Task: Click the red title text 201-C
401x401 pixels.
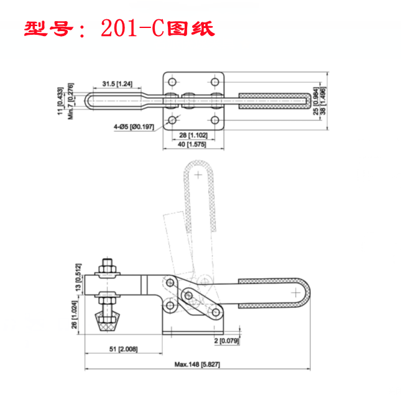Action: point(132,29)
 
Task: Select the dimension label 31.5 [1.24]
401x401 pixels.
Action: point(118,84)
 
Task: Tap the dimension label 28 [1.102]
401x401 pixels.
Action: point(193,135)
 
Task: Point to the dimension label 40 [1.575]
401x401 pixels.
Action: point(192,144)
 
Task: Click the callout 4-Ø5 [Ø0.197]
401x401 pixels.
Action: point(134,127)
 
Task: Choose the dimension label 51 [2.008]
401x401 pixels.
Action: point(124,349)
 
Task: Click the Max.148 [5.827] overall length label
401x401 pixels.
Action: point(197,364)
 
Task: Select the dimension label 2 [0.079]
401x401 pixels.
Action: point(226,341)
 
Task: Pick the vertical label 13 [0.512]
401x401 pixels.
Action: point(78,277)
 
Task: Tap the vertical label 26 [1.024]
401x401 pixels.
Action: point(74,315)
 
